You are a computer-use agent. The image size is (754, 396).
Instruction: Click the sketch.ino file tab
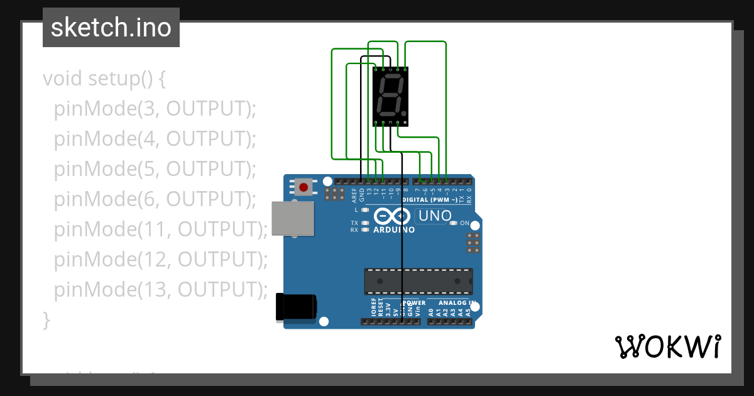coord(111,28)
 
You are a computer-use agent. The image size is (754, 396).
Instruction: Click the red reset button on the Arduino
coord(304,187)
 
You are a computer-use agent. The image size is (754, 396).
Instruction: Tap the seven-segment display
coord(390,96)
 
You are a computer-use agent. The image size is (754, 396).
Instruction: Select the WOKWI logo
coord(667,346)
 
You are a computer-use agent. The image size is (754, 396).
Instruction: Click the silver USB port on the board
coord(293,219)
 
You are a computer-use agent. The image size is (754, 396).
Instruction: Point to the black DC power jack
coord(296,309)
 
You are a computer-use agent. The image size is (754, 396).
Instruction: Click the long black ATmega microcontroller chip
coord(418,281)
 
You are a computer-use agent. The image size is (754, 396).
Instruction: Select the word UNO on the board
coord(434,216)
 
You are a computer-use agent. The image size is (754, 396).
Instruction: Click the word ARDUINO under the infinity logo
coord(394,230)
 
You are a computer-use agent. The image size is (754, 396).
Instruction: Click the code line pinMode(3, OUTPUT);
coord(155,109)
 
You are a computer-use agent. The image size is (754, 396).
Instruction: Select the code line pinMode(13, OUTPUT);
coord(161,290)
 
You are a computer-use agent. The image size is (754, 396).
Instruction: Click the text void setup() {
coord(104,79)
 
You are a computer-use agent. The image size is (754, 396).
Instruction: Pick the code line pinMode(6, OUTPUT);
coord(155,199)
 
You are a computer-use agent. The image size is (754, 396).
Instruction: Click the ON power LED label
coord(464,223)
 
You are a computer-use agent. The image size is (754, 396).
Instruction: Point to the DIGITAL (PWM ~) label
coord(434,200)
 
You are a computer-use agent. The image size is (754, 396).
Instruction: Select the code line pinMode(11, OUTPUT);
coord(161,229)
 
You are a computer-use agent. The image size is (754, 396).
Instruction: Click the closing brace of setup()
coord(46,319)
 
